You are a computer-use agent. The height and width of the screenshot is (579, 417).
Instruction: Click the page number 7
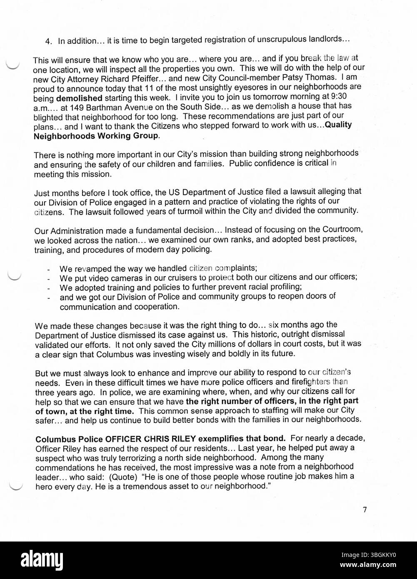[365, 509]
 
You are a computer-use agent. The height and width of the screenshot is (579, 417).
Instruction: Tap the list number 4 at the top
[48, 41]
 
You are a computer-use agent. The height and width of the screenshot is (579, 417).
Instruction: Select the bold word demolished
[79, 99]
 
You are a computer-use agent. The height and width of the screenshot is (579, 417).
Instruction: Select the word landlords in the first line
[325, 40]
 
